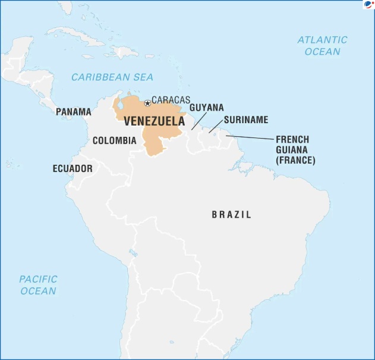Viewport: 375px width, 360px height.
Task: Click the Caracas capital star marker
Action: [x=147, y=104]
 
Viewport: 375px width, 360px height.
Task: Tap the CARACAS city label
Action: [x=171, y=100]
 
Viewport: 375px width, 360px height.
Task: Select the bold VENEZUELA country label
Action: [x=154, y=121]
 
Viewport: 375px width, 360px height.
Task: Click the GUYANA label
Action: [x=206, y=108]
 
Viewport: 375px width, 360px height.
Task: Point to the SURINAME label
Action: [x=246, y=120]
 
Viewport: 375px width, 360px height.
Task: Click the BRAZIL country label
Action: [x=231, y=214]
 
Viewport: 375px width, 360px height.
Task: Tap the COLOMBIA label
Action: [x=114, y=141]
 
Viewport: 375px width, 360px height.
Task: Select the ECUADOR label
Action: [x=73, y=168]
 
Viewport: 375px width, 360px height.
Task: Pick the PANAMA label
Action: [x=74, y=111]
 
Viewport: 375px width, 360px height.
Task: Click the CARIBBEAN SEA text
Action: [x=112, y=77]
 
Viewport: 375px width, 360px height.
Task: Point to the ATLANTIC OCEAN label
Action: [x=322, y=45]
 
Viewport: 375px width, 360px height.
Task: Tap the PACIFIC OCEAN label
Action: [x=38, y=284]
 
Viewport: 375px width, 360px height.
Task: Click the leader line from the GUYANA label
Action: [x=199, y=123]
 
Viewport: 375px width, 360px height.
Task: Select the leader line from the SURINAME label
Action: [x=216, y=126]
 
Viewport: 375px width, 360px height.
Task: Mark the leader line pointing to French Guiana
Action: [x=250, y=138]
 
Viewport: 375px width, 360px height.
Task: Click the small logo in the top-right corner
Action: [x=368, y=5]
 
